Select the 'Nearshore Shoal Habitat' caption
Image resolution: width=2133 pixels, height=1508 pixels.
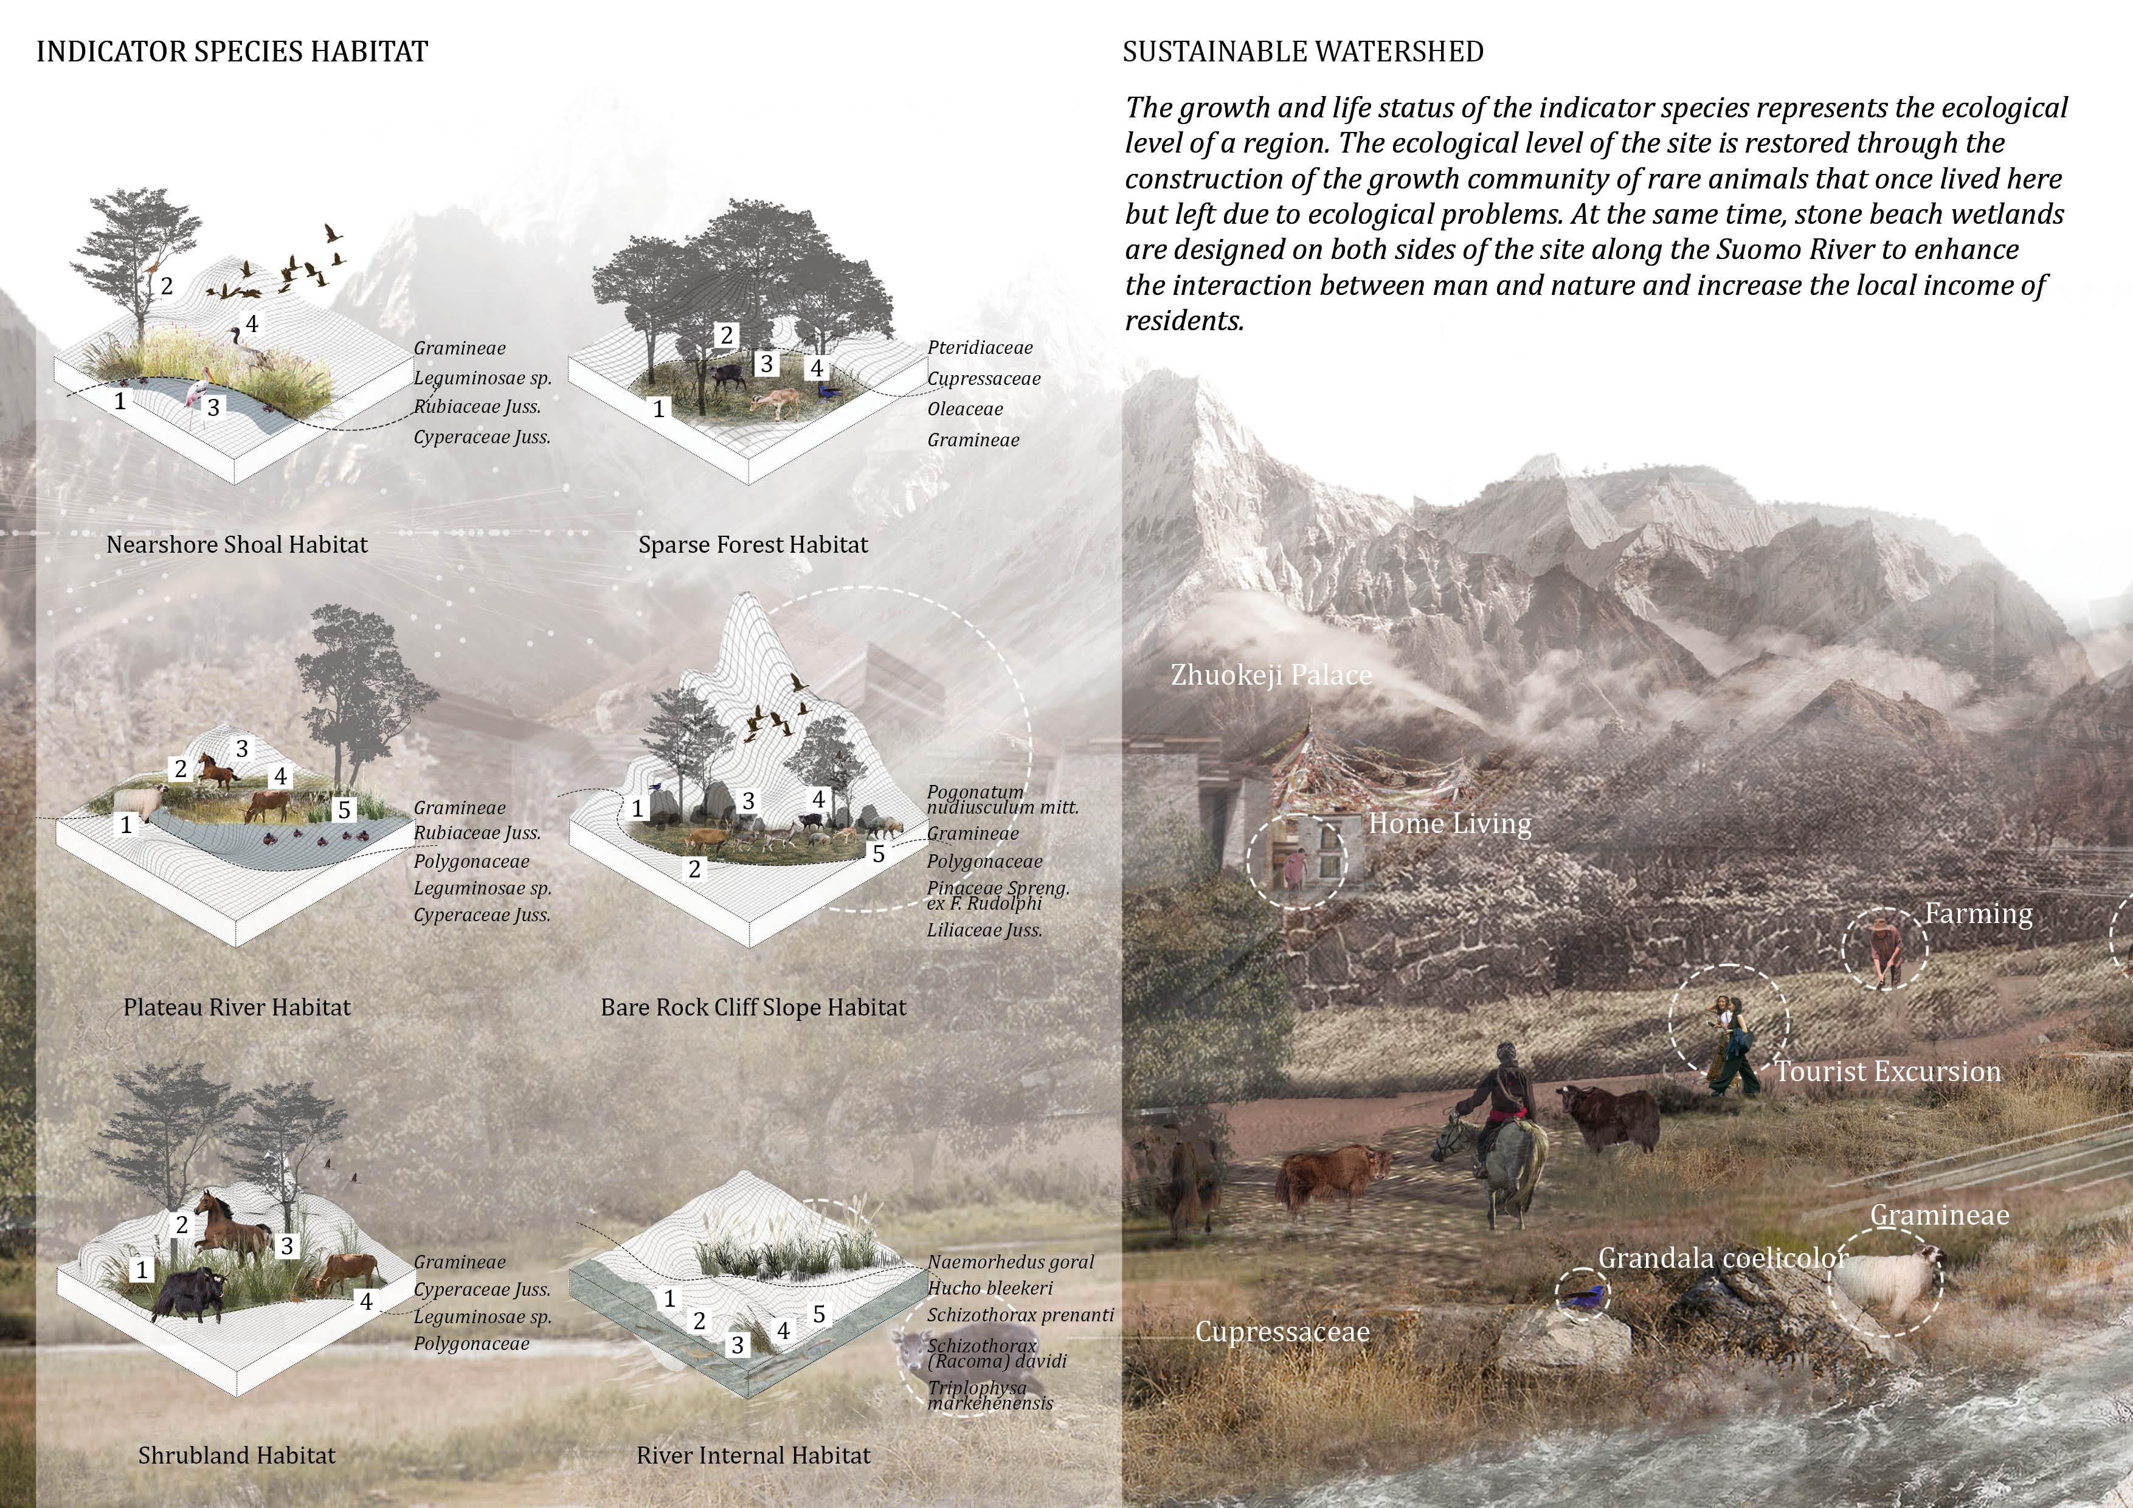237,544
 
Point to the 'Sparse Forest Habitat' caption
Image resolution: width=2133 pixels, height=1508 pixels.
753,544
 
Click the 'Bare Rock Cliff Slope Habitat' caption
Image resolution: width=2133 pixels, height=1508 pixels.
753,1007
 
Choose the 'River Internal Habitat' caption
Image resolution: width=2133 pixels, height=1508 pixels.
753,1455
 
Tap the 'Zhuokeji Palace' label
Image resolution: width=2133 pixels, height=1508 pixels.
1271,674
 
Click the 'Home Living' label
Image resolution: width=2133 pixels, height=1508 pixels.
1449,823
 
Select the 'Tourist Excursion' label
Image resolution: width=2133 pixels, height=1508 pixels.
1888,1071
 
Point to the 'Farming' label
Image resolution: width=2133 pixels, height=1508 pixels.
1978,913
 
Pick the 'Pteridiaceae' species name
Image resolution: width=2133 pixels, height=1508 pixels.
979,347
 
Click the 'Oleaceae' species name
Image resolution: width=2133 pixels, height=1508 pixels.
964,409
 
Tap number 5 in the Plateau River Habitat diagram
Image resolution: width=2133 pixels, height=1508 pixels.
344,810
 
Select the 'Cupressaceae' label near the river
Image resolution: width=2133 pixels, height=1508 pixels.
1282,1332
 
